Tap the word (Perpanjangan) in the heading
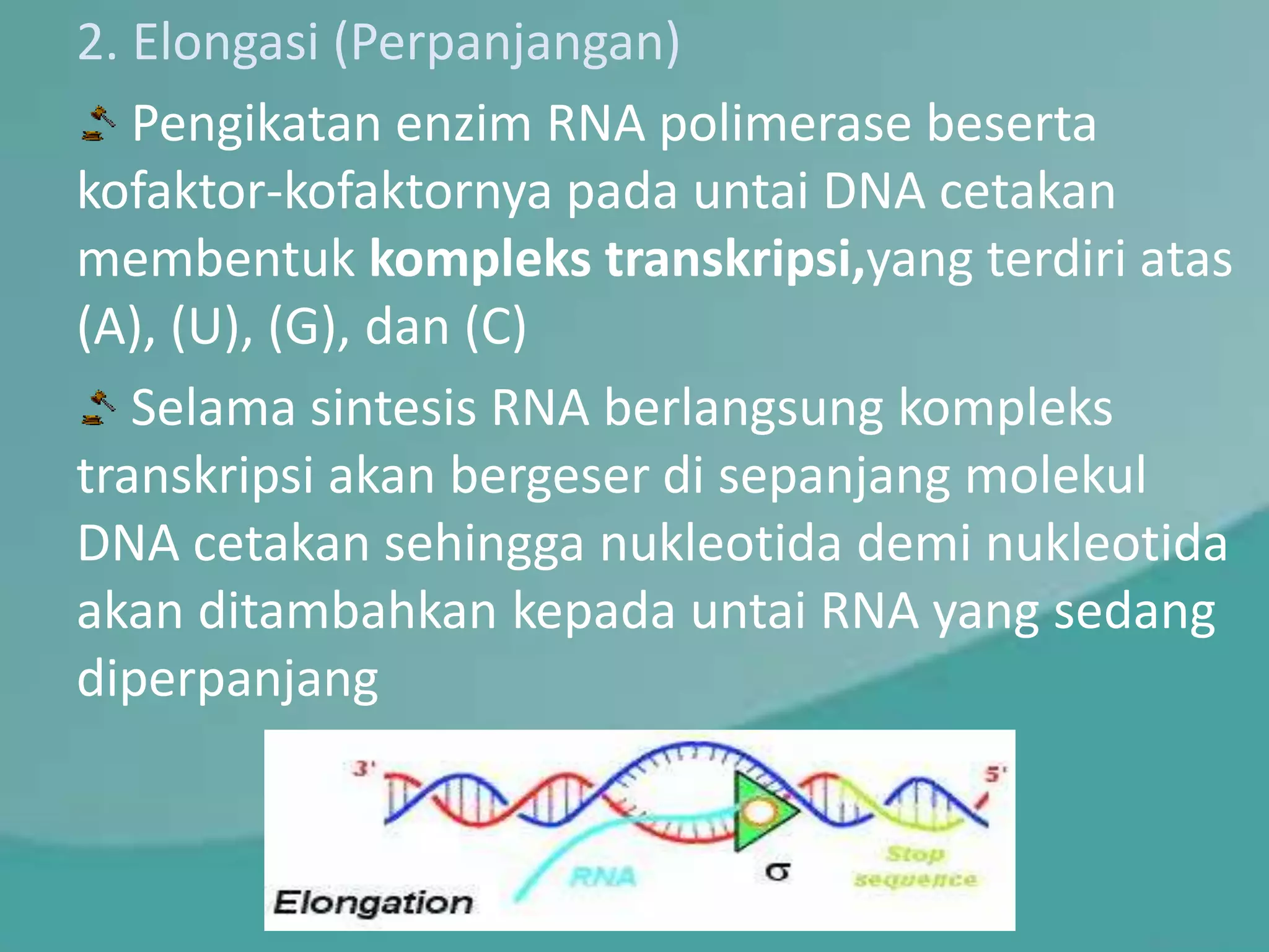(x=506, y=43)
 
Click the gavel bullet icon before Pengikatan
(x=99, y=124)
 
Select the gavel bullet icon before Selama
(x=99, y=408)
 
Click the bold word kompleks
(x=480, y=260)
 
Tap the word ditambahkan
(x=348, y=610)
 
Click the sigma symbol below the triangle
(x=778, y=871)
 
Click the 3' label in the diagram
(x=364, y=769)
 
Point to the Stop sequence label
(x=915, y=866)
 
